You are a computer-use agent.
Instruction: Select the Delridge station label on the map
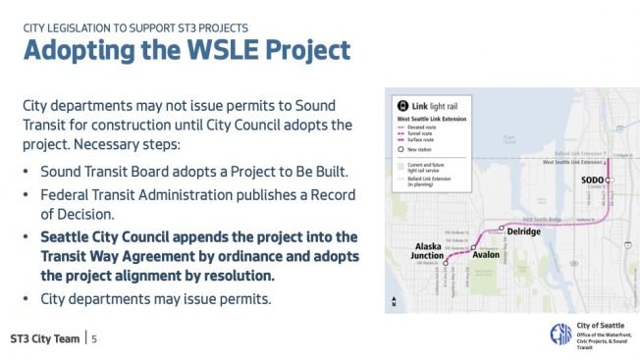(523, 231)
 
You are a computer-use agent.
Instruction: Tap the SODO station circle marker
(609, 181)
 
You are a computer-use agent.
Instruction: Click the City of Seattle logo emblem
(560, 333)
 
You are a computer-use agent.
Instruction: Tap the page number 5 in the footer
(94, 338)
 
